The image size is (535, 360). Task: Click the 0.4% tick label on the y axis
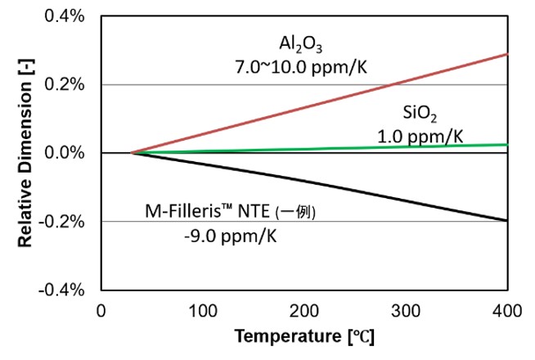click(65, 16)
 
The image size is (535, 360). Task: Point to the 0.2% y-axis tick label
click(65, 84)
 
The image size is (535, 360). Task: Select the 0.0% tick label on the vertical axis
click(65, 152)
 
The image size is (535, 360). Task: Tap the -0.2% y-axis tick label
click(61, 222)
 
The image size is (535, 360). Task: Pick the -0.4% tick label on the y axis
click(61, 290)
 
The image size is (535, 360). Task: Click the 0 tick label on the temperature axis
click(101, 311)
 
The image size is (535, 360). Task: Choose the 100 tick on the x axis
click(203, 311)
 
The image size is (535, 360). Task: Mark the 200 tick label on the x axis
click(304, 311)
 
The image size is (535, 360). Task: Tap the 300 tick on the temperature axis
click(406, 311)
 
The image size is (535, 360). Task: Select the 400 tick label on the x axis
click(507, 311)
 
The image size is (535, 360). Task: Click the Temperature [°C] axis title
click(304, 336)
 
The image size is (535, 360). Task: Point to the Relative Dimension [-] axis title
click(25, 153)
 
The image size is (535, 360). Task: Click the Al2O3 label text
click(300, 45)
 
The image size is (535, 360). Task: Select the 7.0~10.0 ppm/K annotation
click(301, 67)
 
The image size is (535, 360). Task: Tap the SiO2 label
click(420, 114)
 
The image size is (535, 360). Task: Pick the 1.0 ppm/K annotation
click(420, 137)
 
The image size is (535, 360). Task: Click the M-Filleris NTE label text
click(231, 211)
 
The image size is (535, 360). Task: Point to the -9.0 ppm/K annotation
click(231, 236)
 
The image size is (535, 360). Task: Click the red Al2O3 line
click(320, 103)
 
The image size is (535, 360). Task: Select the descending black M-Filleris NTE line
click(320, 187)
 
